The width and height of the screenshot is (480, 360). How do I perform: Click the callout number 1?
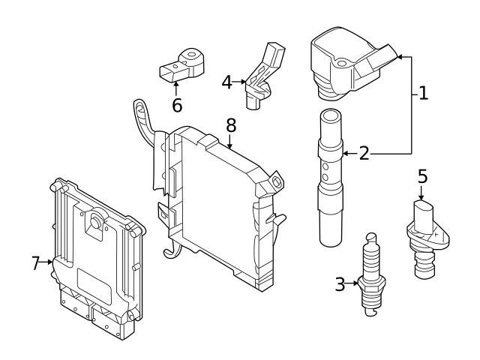pos(423,94)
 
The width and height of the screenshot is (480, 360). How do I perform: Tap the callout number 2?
pos(364,154)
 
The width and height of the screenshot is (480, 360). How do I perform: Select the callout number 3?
pos(340,284)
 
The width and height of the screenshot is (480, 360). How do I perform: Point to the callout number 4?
pos(226,81)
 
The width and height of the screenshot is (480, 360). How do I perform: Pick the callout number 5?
pos(422,177)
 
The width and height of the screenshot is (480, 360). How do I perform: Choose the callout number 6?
pos(177,105)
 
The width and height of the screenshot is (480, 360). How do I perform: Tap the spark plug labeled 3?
pos(370,277)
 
